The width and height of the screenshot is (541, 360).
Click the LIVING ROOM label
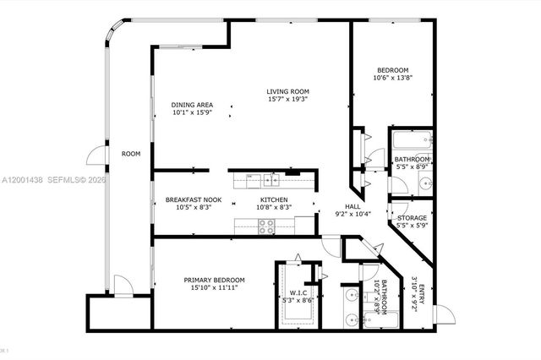pyautogui.click(x=287, y=91)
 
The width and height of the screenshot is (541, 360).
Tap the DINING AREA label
pyautogui.click(x=192, y=104)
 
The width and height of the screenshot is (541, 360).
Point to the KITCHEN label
pyautogui.click(x=273, y=199)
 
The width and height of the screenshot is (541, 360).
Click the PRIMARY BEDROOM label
pyautogui.click(x=215, y=280)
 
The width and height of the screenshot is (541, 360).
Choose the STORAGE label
pyautogui.click(x=413, y=218)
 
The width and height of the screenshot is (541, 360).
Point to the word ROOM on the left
pyautogui.click(x=130, y=154)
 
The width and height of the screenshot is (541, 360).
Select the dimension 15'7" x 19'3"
pyautogui.click(x=287, y=101)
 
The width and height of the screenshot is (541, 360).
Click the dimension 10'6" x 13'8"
pyautogui.click(x=392, y=78)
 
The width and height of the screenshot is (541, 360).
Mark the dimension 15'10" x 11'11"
pyautogui.click(x=215, y=289)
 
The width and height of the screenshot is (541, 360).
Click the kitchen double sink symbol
pyautogui.click(x=271, y=178)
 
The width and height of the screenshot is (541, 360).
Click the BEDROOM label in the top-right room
pyautogui.click(x=392, y=69)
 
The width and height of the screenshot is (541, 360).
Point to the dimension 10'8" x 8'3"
pyautogui.click(x=273, y=208)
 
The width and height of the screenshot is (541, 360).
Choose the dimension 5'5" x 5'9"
pyautogui.click(x=413, y=226)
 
